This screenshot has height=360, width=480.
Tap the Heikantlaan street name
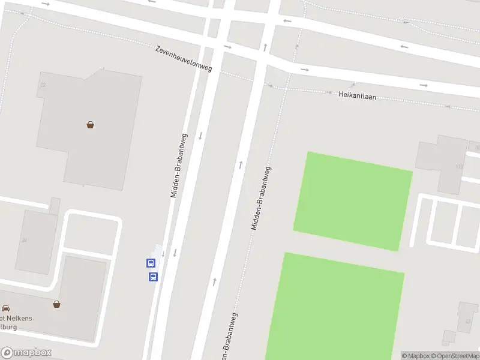pos(357,95)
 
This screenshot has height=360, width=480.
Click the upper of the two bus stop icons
pos(151,263)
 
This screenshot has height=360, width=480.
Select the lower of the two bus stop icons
pos(153,277)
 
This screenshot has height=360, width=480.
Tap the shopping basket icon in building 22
pos(90,125)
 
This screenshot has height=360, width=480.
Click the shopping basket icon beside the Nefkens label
pos(56,304)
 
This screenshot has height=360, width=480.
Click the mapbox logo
pos(26,353)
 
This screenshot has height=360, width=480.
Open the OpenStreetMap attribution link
pos(456,356)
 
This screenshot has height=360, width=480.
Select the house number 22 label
pos(42,85)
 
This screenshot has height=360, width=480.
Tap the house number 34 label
pos(24,240)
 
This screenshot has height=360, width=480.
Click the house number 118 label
pos(460,166)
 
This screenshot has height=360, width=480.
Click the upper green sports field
pos(353,201)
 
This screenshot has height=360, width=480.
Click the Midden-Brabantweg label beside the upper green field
pos(260,199)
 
